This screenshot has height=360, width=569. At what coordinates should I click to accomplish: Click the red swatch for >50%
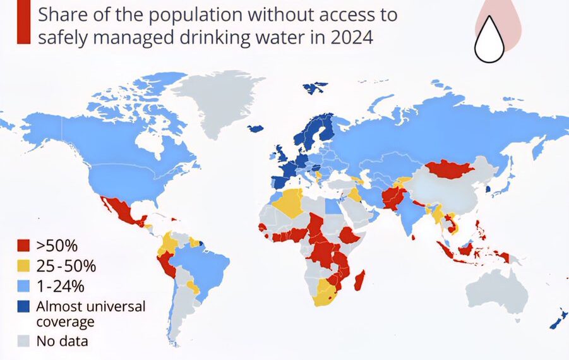pyautogui.click(x=23, y=246)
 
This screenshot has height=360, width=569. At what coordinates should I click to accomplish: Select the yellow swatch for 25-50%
pyautogui.click(x=23, y=266)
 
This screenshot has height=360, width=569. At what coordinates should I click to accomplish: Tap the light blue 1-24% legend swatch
pyautogui.click(x=23, y=286)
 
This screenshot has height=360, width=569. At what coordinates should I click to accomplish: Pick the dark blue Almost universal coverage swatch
pyautogui.click(x=23, y=307)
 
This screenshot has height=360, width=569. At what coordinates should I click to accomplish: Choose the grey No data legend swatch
pyautogui.click(x=23, y=342)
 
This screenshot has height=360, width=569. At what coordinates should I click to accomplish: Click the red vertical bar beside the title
pyautogui.click(x=23, y=22)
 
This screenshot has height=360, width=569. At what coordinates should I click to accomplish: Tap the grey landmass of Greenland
pyautogui.click(x=218, y=101)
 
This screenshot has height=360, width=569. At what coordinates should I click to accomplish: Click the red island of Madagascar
pyautogui.click(x=359, y=280)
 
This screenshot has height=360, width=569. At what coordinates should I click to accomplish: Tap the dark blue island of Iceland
pyautogui.click(x=256, y=128)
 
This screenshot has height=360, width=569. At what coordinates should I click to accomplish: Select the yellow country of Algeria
pyautogui.click(x=287, y=202)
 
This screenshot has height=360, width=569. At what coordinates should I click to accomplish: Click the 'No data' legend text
pyautogui.click(x=62, y=342)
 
